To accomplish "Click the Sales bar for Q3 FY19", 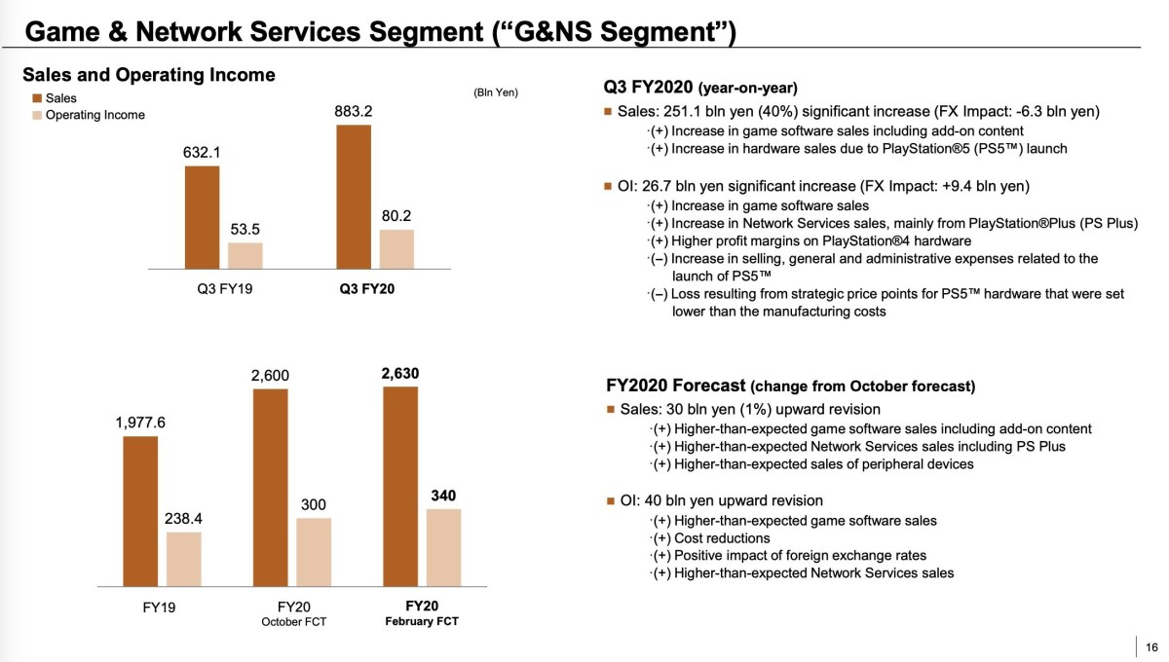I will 202,217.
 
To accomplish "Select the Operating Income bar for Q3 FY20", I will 396,248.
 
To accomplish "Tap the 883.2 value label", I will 354,112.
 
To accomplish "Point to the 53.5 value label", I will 245,230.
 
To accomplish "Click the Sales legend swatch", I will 37,98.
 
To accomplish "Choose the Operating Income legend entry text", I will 95,115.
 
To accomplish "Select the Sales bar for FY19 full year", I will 140,511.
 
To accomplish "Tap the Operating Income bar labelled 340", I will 443,547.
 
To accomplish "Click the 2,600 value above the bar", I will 270,376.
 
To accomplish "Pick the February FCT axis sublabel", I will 422,622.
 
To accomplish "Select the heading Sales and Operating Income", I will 149,75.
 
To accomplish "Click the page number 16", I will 1152,646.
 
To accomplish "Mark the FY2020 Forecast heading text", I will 676,386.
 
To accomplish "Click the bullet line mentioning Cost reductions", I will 721,538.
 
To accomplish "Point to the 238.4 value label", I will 184,520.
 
